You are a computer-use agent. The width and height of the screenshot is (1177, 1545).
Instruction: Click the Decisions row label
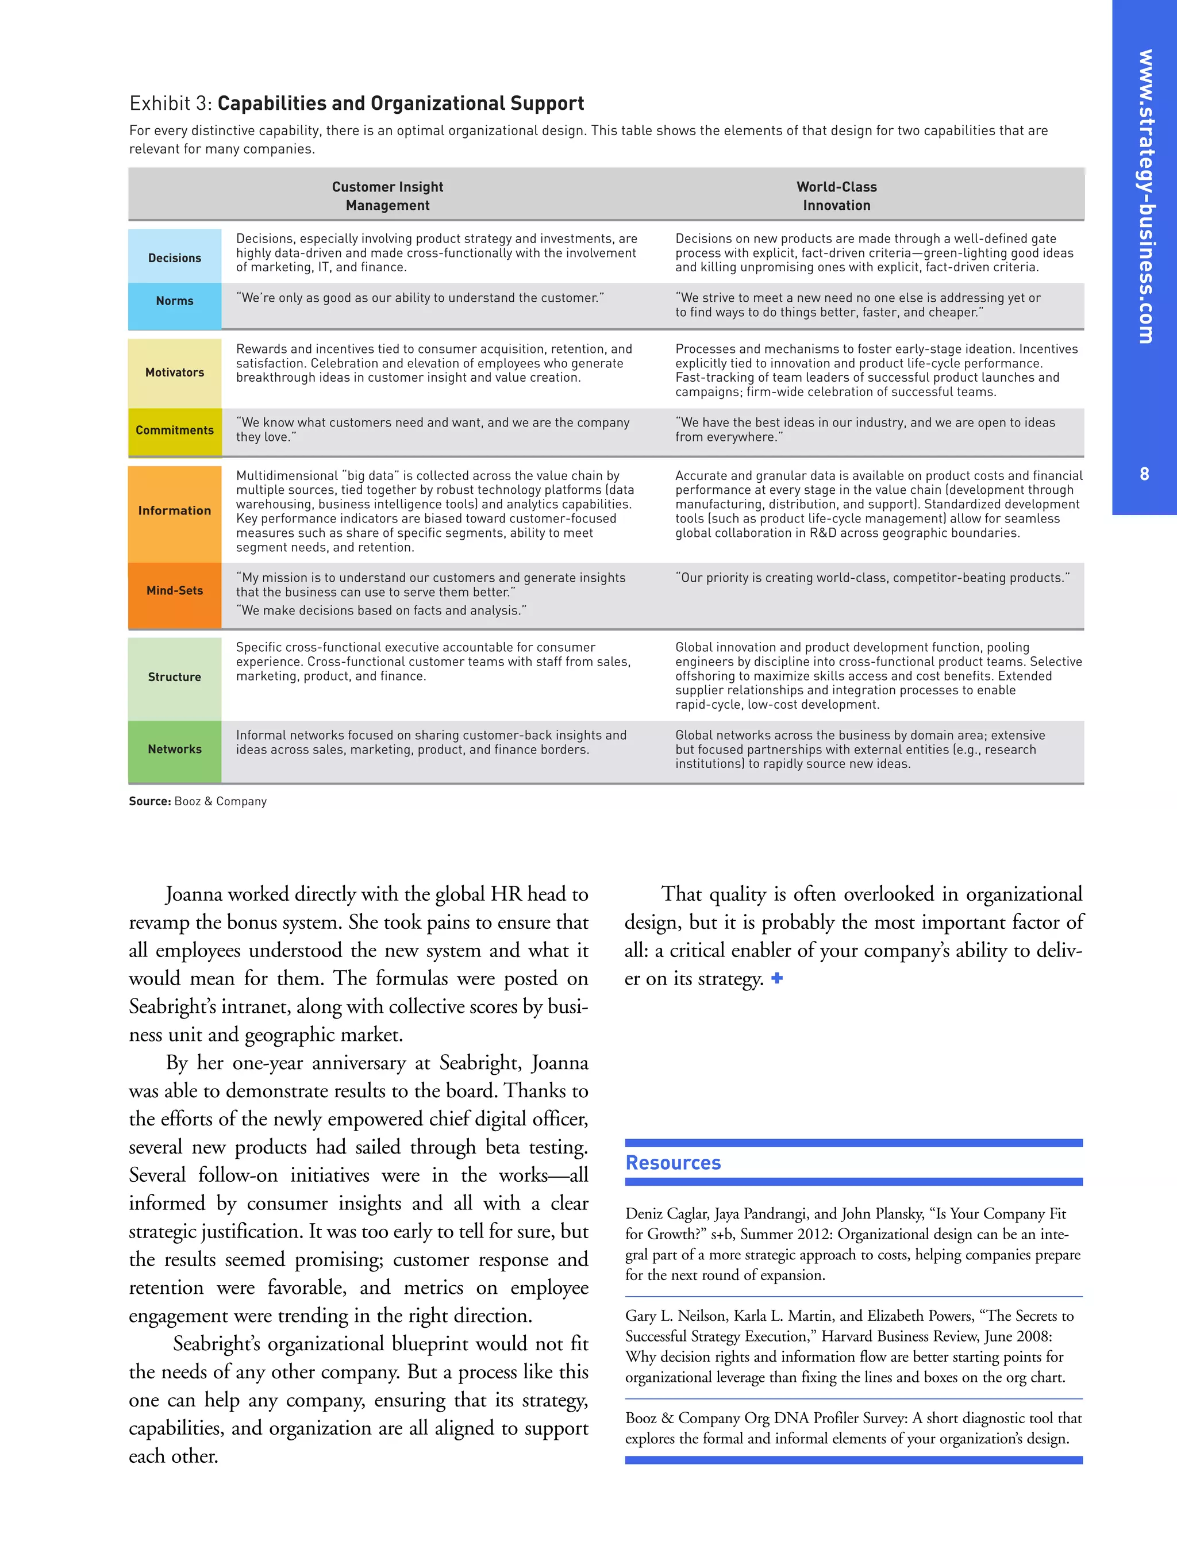pyautogui.click(x=175, y=258)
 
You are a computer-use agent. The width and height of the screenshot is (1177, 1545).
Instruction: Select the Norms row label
pyautogui.click(x=175, y=301)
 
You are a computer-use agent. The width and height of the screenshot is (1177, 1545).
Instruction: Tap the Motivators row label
pyautogui.click(x=175, y=372)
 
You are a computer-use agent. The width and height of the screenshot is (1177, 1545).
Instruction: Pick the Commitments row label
pyautogui.click(x=175, y=430)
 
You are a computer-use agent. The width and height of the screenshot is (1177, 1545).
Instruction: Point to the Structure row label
pyautogui.click(x=175, y=677)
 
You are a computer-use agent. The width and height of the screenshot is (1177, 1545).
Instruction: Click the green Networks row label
pyautogui.click(x=175, y=749)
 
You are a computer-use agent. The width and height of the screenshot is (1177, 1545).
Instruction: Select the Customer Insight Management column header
pyautogui.click(x=387, y=196)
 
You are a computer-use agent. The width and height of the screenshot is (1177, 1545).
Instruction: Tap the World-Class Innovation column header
pyautogui.click(x=837, y=196)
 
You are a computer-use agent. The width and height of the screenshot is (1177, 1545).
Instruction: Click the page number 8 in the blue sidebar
pyautogui.click(x=1144, y=474)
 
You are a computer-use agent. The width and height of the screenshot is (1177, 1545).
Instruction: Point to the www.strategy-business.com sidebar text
pyautogui.click(x=1145, y=196)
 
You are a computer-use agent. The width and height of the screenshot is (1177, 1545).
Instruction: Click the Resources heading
pyautogui.click(x=672, y=1162)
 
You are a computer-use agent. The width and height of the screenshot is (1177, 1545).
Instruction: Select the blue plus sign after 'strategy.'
pyautogui.click(x=777, y=978)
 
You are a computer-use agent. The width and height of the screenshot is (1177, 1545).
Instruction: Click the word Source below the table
pyautogui.click(x=149, y=801)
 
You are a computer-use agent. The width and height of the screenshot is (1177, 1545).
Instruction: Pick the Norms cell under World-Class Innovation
pyautogui.click(x=858, y=305)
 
